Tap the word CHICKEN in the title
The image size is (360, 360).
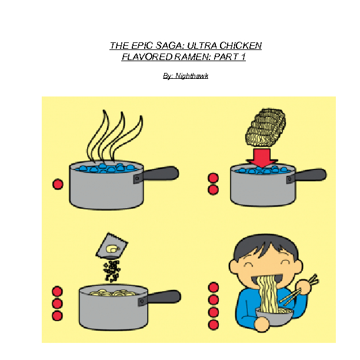click(x=241, y=46)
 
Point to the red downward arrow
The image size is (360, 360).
click(x=262, y=157)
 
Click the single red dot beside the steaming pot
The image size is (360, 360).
click(x=58, y=184)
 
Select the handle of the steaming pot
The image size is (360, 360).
click(x=161, y=174)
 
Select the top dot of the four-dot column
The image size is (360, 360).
click(x=214, y=287)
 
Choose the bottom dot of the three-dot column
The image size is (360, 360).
click(x=57, y=316)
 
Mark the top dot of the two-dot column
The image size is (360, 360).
click(x=213, y=178)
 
